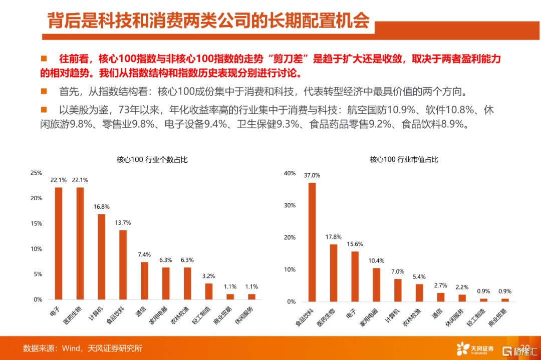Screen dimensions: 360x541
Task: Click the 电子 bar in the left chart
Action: [x=59, y=243]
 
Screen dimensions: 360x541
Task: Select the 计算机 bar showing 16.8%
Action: [x=101, y=256]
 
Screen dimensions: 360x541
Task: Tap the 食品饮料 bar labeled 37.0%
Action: [x=312, y=242]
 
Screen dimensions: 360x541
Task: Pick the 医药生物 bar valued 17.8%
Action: [x=334, y=273]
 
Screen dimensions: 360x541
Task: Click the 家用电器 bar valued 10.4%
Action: [x=376, y=285]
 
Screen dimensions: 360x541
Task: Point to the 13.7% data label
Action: [x=123, y=222]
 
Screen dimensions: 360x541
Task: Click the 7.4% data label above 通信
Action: [x=144, y=255]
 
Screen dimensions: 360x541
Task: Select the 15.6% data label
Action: [x=355, y=244]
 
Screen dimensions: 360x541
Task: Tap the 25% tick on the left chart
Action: [x=37, y=173]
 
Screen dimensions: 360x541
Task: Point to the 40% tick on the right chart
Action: [x=290, y=173]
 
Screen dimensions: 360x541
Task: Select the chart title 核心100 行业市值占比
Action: [x=404, y=160]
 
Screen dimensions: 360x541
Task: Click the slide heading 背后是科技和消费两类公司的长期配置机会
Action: [x=208, y=21]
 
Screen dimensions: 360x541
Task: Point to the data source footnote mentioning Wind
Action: [x=83, y=348]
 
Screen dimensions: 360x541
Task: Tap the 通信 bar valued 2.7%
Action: [x=440, y=297]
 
